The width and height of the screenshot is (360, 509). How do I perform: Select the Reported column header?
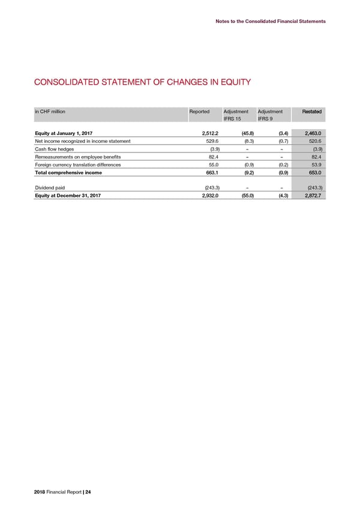point(199,112)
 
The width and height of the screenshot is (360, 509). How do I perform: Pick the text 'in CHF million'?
point(50,112)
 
